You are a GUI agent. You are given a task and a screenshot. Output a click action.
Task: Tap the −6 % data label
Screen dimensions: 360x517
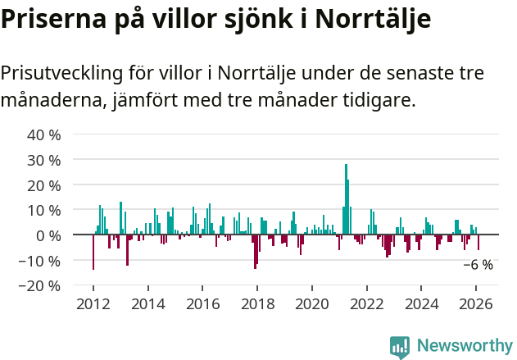pyautogui.click(x=478, y=265)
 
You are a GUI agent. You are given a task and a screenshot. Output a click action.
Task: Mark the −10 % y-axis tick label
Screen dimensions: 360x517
pyautogui.click(x=40, y=261)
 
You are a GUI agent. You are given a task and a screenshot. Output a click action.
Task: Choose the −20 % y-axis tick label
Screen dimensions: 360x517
pyautogui.click(x=40, y=286)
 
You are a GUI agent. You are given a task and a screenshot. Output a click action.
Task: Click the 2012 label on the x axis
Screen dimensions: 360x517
pyautogui.click(x=93, y=304)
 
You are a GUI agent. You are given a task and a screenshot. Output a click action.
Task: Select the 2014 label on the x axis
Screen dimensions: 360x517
pyautogui.click(x=147, y=304)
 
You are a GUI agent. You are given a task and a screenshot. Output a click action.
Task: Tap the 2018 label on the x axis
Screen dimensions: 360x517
pyautogui.click(x=256, y=304)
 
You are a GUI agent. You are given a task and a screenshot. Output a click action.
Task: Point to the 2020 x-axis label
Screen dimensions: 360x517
pyautogui.click(x=311, y=304)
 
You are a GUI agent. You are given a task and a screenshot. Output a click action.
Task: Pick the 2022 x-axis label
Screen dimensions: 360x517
pyautogui.click(x=366, y=304)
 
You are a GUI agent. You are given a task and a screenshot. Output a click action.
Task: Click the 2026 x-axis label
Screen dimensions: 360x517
pyautogui.click(x=476, y=304)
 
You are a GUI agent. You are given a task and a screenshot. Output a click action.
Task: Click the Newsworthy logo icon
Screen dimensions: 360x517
pyautogui.click(x=400, y=347)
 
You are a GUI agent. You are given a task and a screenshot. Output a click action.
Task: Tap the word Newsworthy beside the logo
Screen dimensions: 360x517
pyautogui.click(x=464, y=347)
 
